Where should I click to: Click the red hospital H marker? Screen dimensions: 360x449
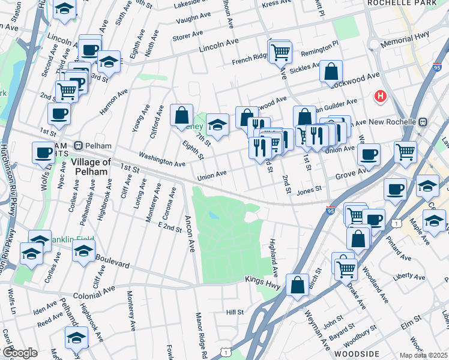[380, 96]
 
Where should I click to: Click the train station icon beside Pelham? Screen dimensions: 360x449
[78, 146]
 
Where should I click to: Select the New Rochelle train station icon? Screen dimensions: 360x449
[422, 121]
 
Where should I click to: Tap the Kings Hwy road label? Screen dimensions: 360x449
[263, 280]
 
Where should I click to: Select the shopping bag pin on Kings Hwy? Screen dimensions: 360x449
[297, 285]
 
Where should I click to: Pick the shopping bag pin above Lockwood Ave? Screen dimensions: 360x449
[331, 71]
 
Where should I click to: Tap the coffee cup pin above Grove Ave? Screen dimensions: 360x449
[369, 154]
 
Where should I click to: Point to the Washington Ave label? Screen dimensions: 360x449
[162, 162]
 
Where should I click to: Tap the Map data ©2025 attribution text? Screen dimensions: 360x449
[423, 355]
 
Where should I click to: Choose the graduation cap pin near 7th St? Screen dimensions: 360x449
[217, 125]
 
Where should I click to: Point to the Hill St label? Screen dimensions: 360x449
[235, 312]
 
